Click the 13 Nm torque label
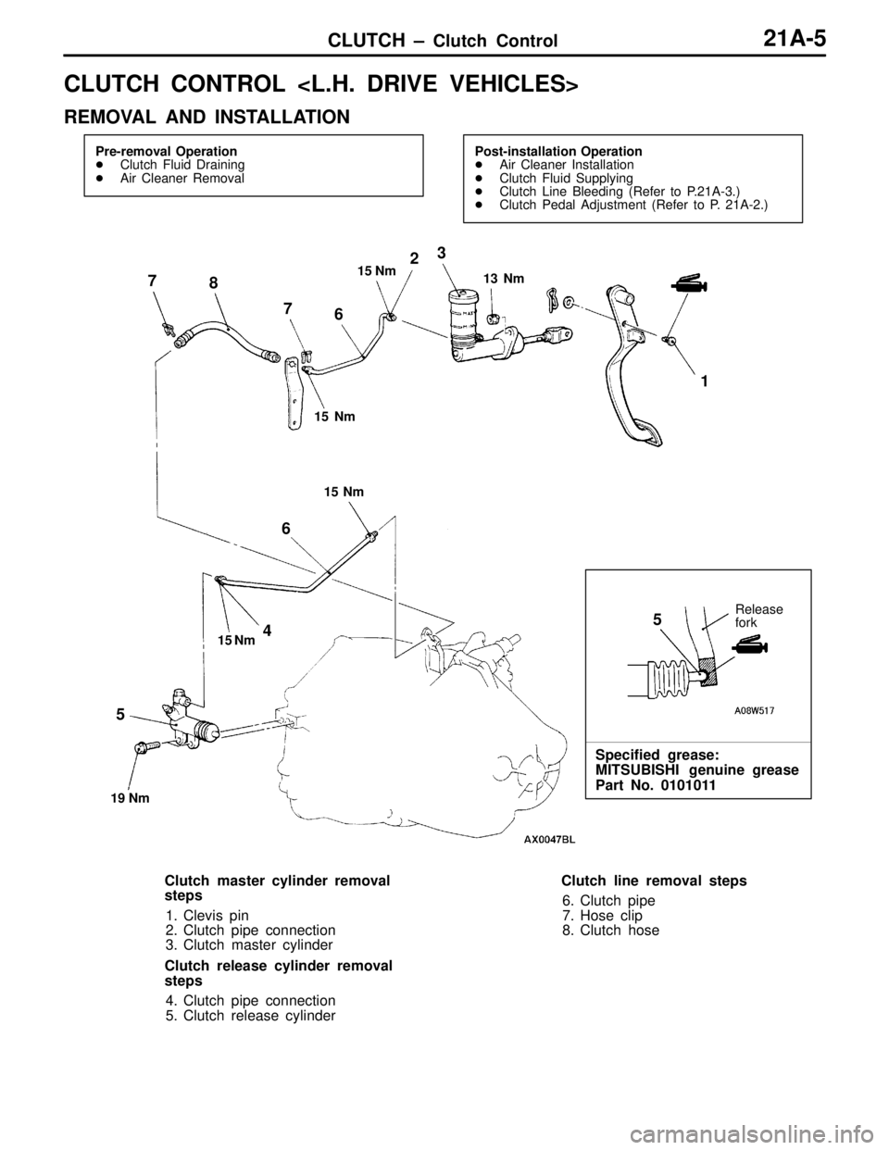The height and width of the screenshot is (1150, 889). tap(506, 279)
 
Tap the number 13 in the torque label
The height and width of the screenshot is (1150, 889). tap(490, 279)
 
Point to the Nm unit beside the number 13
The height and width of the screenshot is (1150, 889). tap(515, 279)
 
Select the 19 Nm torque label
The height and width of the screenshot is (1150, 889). tap(130, 799)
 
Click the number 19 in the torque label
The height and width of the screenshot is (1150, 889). tap(118, 799)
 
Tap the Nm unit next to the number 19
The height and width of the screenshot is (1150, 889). tap(139, 799)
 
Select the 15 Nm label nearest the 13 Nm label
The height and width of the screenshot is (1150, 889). tap(377, 271)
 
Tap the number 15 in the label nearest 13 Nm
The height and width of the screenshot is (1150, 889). tap(365, 271)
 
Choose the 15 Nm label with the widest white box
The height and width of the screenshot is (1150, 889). tap(344, 417)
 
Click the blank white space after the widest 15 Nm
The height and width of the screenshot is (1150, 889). tap(369, 417)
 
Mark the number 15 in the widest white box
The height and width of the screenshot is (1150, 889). tap(321, 417)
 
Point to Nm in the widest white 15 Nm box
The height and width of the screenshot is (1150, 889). tap(344, 417)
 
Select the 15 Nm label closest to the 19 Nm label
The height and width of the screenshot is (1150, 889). tap(236, 641)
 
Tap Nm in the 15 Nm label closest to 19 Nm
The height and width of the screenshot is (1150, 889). tap(245, 641)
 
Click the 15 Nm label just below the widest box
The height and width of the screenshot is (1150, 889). tap(344, 493)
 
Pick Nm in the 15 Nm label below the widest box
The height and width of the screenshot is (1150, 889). tap(354, 493)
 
